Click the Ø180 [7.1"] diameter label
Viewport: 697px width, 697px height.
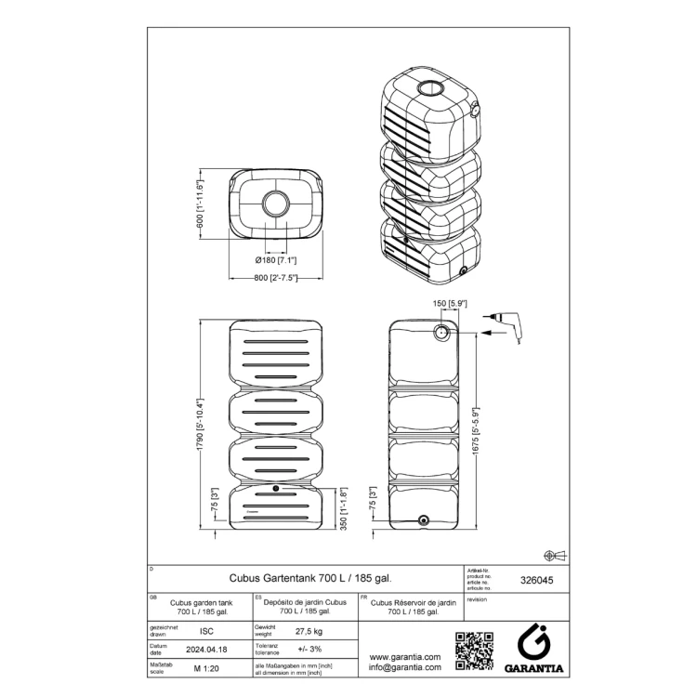276,260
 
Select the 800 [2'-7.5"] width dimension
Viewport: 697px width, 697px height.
276,277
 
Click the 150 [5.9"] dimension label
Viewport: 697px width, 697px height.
450,304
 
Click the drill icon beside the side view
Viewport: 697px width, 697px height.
509,324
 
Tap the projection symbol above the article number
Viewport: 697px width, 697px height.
554,555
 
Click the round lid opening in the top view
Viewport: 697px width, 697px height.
276,204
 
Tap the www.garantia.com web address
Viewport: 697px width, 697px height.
404,656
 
